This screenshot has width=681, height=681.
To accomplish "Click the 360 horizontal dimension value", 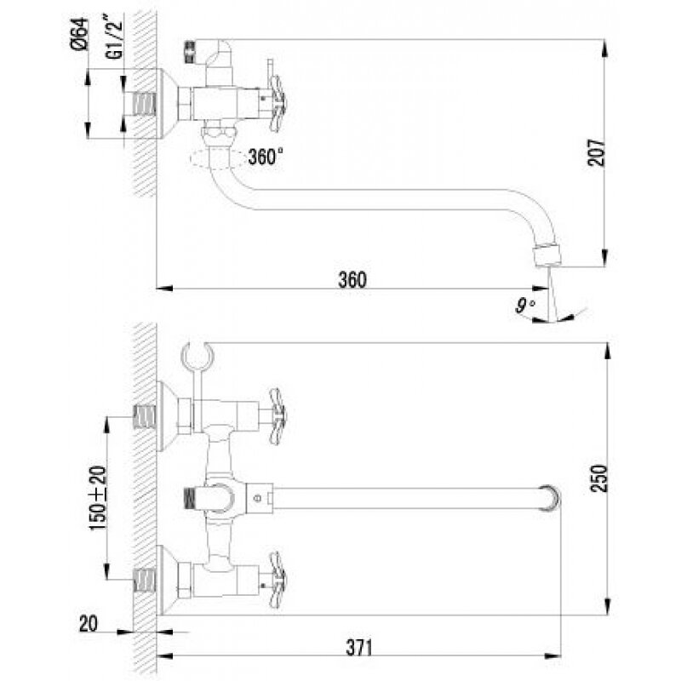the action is tap(351, 278).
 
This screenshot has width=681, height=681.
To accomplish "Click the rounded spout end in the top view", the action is tap(552, 497).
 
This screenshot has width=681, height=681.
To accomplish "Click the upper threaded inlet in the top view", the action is tap(146, 416).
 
